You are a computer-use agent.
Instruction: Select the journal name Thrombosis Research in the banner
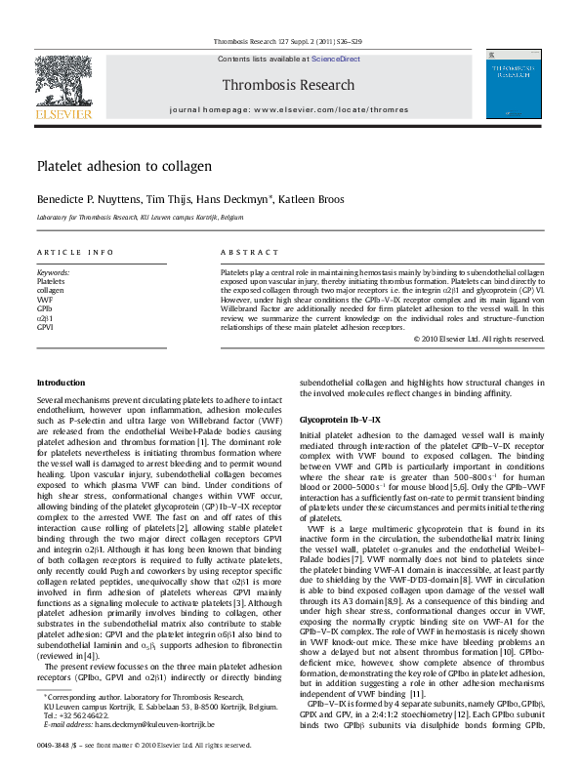click(x=289, y=85)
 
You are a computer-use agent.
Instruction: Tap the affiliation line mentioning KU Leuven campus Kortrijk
click(x=140, y=217)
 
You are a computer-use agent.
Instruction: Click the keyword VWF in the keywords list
click(x=45, y=300)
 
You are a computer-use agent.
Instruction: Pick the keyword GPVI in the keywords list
click(x=46, y=328)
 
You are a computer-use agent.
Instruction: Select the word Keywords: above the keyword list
click(x=54, y=272)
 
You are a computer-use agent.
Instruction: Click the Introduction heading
click(x=62, y=383)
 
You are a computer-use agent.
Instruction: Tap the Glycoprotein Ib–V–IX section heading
click(x=340, y=419)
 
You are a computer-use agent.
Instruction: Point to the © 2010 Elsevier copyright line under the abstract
click(x=478, y=339)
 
